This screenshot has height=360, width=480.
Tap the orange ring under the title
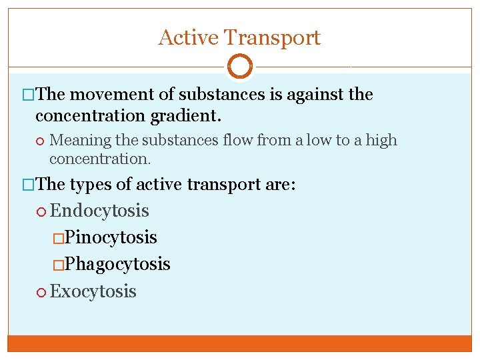240,67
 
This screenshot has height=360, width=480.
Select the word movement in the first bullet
113,95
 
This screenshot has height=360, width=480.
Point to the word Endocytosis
99,211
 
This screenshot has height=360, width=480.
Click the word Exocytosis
93,291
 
